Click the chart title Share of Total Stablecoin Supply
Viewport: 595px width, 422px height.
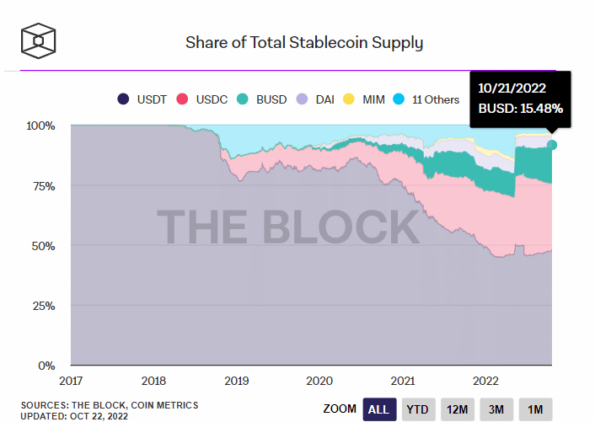(x=304, y=42)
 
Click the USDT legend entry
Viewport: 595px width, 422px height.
(x=147, y=99)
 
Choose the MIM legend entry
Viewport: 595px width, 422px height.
(x=367, y=99)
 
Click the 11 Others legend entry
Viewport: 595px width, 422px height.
(x=428, y=99)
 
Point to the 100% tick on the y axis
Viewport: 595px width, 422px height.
(x=40, y=126)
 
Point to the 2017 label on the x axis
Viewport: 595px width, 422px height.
(x=71, y=380)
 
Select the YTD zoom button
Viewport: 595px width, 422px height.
(x=418, y=409)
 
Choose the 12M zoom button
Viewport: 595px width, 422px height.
(x=458, y=409)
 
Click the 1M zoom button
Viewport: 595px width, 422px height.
(x=535, y=409)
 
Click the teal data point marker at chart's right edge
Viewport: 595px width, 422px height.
(x=552, y=145)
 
